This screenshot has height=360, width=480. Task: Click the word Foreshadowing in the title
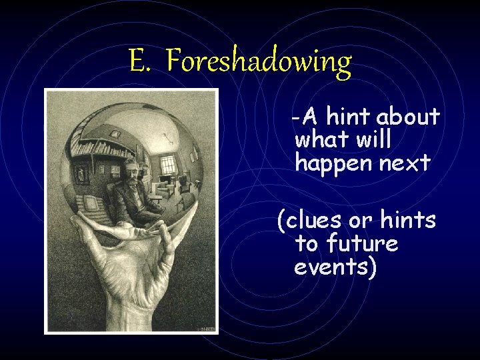pyautogui.click(x=259, y=61)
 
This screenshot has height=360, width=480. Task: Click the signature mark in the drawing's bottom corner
pyautogui.click(x=206, y=328)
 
